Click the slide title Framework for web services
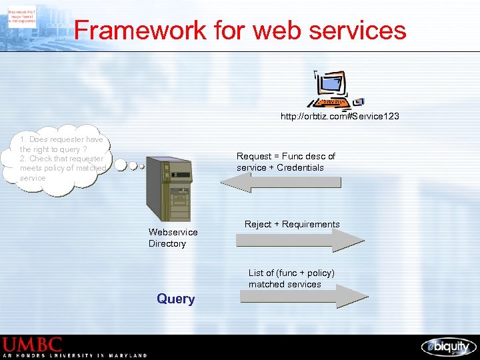click(240, 30)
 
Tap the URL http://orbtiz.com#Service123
click(339, 117)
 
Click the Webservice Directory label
click(173, 238)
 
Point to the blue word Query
click(176, 299)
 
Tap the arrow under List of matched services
click(303, 296)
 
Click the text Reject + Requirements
click(292, 225)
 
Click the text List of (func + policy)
click(291, 273)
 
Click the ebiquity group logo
click(448, 347)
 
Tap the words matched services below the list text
click(285, 285)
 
